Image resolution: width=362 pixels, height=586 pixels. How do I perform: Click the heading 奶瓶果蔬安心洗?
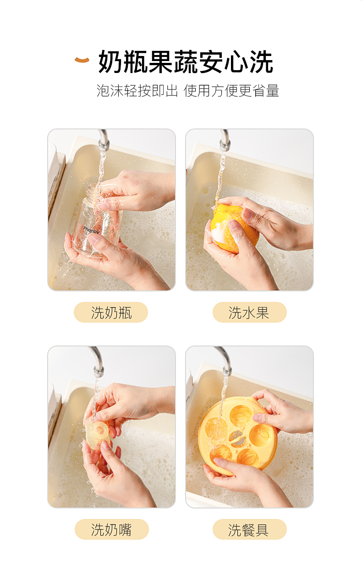[x=186, y=62]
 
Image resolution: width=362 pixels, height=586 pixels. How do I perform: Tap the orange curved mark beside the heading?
[x=82, y=60]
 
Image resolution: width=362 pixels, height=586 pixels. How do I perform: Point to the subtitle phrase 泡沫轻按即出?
[x=137, y=91]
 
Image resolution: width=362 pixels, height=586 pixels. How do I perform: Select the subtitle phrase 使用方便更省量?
[x=231, y=91]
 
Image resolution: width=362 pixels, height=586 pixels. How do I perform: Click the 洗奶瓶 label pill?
[x=111, y=313]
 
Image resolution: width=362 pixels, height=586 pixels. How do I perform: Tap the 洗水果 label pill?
[x=249, y=313]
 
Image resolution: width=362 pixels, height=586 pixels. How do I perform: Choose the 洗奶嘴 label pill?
[x=111, y=529]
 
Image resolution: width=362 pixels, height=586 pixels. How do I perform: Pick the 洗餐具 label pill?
[x=249, y=529]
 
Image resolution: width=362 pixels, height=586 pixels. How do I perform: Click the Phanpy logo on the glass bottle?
[x=91, y=230]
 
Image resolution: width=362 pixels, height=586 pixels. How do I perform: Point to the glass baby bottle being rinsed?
[x=97, y=221]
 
